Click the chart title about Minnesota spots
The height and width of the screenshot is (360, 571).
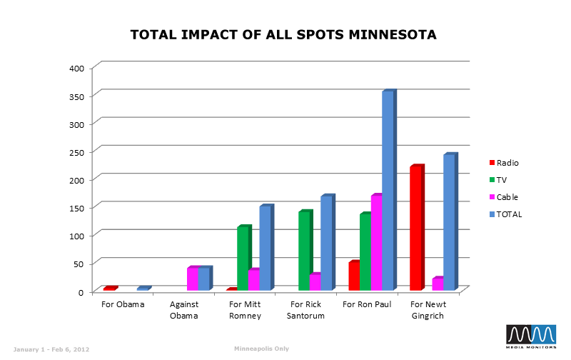coord(283,34)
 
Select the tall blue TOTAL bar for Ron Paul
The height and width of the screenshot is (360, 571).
coord(388,191)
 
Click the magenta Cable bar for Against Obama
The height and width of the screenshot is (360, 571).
coord(192,279)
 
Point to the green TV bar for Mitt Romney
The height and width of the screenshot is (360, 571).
coord(243,259)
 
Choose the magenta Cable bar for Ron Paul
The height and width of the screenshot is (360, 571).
coord(376,243)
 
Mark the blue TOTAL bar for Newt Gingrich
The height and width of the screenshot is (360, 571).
coord(449,223)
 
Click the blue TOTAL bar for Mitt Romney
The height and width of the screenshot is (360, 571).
coord(265,248)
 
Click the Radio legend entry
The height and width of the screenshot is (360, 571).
coord(503,163)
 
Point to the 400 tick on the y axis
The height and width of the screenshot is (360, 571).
coord(76,68)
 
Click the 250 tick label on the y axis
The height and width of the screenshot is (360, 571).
coord(76,152)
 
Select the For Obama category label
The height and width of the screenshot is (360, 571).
coord(123,304)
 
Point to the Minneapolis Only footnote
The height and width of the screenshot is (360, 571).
coord(261,349)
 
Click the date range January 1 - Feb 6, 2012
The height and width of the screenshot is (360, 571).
coord(51,349)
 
